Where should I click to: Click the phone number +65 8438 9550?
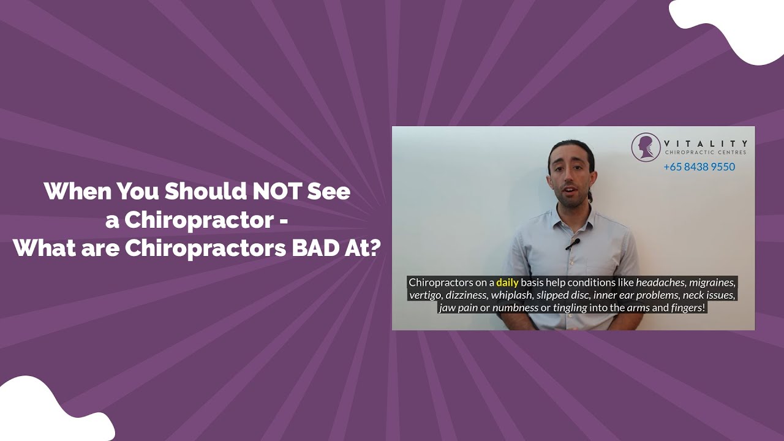[699, 167]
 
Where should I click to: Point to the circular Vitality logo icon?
[646, 148]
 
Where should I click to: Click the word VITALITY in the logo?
[706, 143]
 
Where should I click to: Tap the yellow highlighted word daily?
[507, 283]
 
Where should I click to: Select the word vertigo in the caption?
[426, 295]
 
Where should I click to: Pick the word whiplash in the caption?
[512, 295]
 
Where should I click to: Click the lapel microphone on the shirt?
[572, 244]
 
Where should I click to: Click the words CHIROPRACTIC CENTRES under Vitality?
[706, 153]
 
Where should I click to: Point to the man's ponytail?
[590, 195]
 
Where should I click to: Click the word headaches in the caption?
[660, 283]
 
